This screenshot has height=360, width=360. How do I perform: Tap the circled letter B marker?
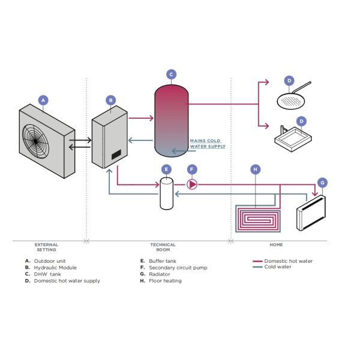(x=110, y=100)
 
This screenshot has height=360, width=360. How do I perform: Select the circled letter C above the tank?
(x=171, y=75)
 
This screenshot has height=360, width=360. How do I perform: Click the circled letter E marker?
(x=166, y=169)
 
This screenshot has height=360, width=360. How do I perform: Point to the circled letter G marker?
(x=322, y=182)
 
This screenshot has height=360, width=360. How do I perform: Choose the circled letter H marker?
(x=255, y=170)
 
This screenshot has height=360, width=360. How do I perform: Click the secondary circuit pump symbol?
(x=192, y=184)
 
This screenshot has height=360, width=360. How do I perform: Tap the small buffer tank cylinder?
(x=166, y=193)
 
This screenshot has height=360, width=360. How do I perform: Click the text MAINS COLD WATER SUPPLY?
(x=207, y=143)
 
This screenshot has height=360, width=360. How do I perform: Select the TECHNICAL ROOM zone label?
(x=163, y=247)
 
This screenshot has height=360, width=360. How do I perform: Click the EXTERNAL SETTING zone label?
(x=46, y=247)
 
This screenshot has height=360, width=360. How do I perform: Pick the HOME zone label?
(x=276, y=245)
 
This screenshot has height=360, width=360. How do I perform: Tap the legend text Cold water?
(x=278, y=267)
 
